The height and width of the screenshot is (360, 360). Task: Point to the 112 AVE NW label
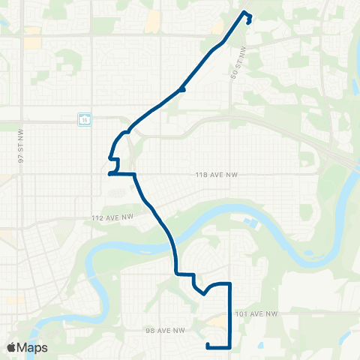112,217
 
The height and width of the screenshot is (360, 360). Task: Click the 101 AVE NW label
257,313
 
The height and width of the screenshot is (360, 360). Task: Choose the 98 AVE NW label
165,329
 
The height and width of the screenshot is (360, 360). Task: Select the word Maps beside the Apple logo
34,347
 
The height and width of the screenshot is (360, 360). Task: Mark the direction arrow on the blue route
181,90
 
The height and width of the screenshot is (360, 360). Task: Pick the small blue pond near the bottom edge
259,346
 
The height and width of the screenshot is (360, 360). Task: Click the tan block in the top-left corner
32,42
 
